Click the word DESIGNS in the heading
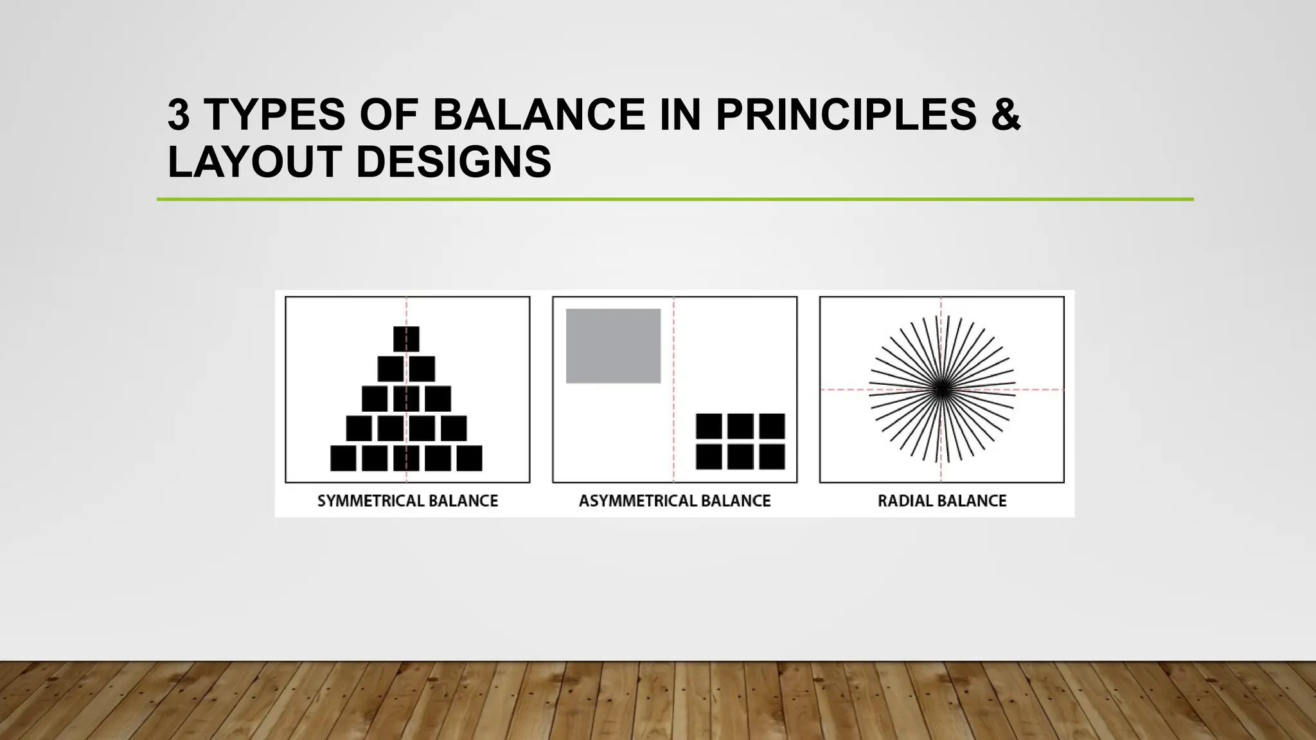click(453, 161)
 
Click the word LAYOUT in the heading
click(253, 161)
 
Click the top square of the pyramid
click(406, 339)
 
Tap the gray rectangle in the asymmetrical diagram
click(613, 346)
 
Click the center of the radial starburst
click(941, 389)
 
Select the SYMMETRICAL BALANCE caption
click(407, 501)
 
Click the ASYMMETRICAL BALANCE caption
click(675, 501)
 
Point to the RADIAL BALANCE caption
click(942, 501)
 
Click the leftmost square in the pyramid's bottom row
click(343, 458)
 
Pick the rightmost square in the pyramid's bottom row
click(469, 458)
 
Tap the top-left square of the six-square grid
click(709, 426)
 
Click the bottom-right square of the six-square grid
click(772, 457)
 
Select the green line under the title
click(675, 200)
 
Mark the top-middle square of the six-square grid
click(740, 426)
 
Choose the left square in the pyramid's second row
click(390, 369)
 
